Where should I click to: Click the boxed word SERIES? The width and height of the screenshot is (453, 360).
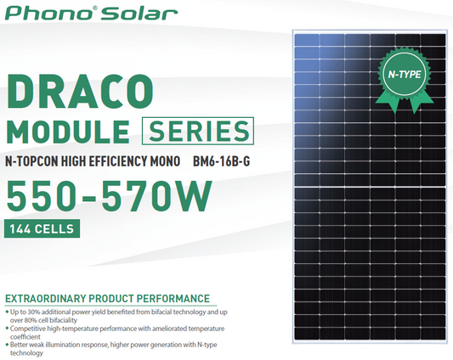(x=199, y=132)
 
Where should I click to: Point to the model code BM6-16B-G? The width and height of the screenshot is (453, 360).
(x=223, y=160)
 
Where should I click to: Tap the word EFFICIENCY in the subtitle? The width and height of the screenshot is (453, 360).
(x=127, y=160)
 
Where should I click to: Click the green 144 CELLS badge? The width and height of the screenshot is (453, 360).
(x=42, y=228)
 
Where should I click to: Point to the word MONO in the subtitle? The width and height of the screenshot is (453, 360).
(x=171, y=160)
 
